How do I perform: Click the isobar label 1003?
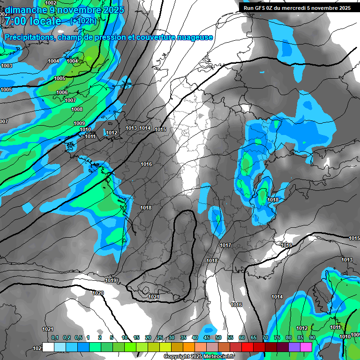(7, 66)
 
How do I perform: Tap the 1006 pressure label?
(62, 93)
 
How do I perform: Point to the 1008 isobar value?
(77, 109)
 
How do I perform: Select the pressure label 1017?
(225, 245)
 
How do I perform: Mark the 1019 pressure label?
(111, 280)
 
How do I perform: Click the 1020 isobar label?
(98, 293)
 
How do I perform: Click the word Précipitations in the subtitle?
(28, 37)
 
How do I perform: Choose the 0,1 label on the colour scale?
(54, 338)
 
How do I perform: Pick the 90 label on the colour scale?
(312, 338)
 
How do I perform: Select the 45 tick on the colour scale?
(207, 338)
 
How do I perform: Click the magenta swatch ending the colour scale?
(306, 347)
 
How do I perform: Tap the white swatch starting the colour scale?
(48, 347)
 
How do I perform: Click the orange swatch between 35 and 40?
(189, 347)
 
